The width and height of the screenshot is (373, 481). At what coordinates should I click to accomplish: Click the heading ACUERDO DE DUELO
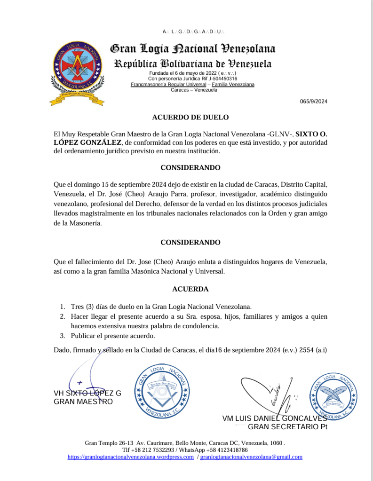point(190,118)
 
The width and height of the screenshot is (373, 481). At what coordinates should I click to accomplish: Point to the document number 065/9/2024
point(314,102)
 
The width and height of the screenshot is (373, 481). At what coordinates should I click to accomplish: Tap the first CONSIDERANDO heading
point(190,167)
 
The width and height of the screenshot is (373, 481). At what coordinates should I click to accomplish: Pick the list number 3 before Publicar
point(62,336)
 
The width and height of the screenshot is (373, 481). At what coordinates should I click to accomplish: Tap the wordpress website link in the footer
point(131,457)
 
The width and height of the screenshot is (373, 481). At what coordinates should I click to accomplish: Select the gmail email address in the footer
point(251,457)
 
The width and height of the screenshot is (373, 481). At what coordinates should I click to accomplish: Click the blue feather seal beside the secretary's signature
point(333,395)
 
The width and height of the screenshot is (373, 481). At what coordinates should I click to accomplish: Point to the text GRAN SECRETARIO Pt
point(287,427)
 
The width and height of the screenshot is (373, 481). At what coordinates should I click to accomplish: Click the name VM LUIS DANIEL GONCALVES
point(275,418)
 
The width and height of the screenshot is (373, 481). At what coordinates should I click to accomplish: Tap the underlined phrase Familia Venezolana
point(233,85)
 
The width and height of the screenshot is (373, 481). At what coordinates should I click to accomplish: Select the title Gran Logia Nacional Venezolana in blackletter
point(192,49)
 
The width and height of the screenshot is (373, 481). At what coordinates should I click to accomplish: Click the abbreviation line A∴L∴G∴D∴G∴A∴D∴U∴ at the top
point(193,32)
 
